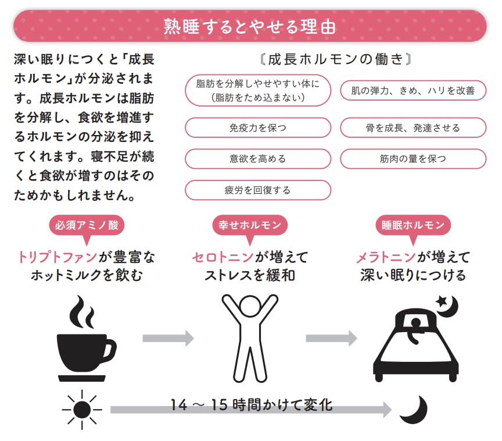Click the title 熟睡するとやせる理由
pos(250,26)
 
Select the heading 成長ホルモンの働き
pos(336,59)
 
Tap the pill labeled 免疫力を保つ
pos(257,127)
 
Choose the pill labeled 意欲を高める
pos(257,159)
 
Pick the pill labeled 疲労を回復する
pos(257,190)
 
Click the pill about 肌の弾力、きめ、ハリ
pos(413,90)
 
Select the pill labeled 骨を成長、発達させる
pos(413,127)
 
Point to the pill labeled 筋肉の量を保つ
pos(413,159)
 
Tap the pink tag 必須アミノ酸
pos(87,225)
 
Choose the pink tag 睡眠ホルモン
pos(413,225)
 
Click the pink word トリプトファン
pos(56,257)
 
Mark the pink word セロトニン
pos(223,257)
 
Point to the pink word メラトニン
pos(386,257)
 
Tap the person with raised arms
pos(250,337)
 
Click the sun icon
pos(81,410)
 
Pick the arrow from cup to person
pos(168,337)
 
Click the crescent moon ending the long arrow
pos(414,409)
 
